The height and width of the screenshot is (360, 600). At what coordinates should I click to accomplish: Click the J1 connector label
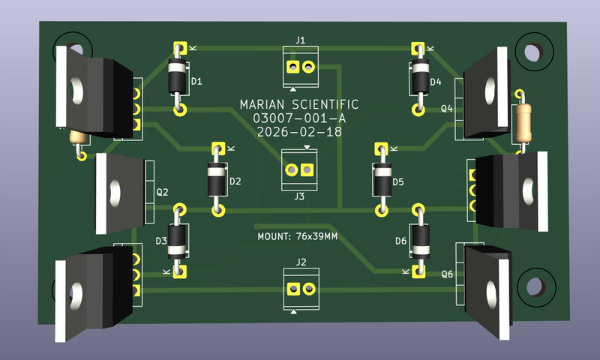click(x=300, y=40)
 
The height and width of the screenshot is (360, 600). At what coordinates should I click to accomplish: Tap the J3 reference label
click(x=299, y=196)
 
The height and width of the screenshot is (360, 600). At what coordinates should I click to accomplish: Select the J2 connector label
click(x=301, y=262)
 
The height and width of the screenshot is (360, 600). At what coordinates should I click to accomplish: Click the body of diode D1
click(x=178, y=77)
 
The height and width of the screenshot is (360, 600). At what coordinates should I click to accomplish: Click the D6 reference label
click(x=400, y=240)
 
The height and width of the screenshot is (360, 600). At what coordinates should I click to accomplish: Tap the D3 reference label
click(x=161, y=241)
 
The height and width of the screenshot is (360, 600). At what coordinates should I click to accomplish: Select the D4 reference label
click(x=436, y=81)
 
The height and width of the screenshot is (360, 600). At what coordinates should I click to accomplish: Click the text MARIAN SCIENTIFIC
click(x=298, y=105)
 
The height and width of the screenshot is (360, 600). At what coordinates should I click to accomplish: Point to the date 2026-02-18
click(x=298, y=131)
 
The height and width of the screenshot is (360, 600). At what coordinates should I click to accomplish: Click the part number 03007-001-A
click(x=298, y=118)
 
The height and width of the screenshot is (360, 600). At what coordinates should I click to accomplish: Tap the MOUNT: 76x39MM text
click(x=297, y=237)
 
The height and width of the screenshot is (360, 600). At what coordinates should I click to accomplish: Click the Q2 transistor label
click(x=162, y=193)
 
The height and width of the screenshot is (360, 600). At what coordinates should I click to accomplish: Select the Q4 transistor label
click(x=447, y=108)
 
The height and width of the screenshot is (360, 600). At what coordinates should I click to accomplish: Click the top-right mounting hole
click(x=533, y=52)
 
